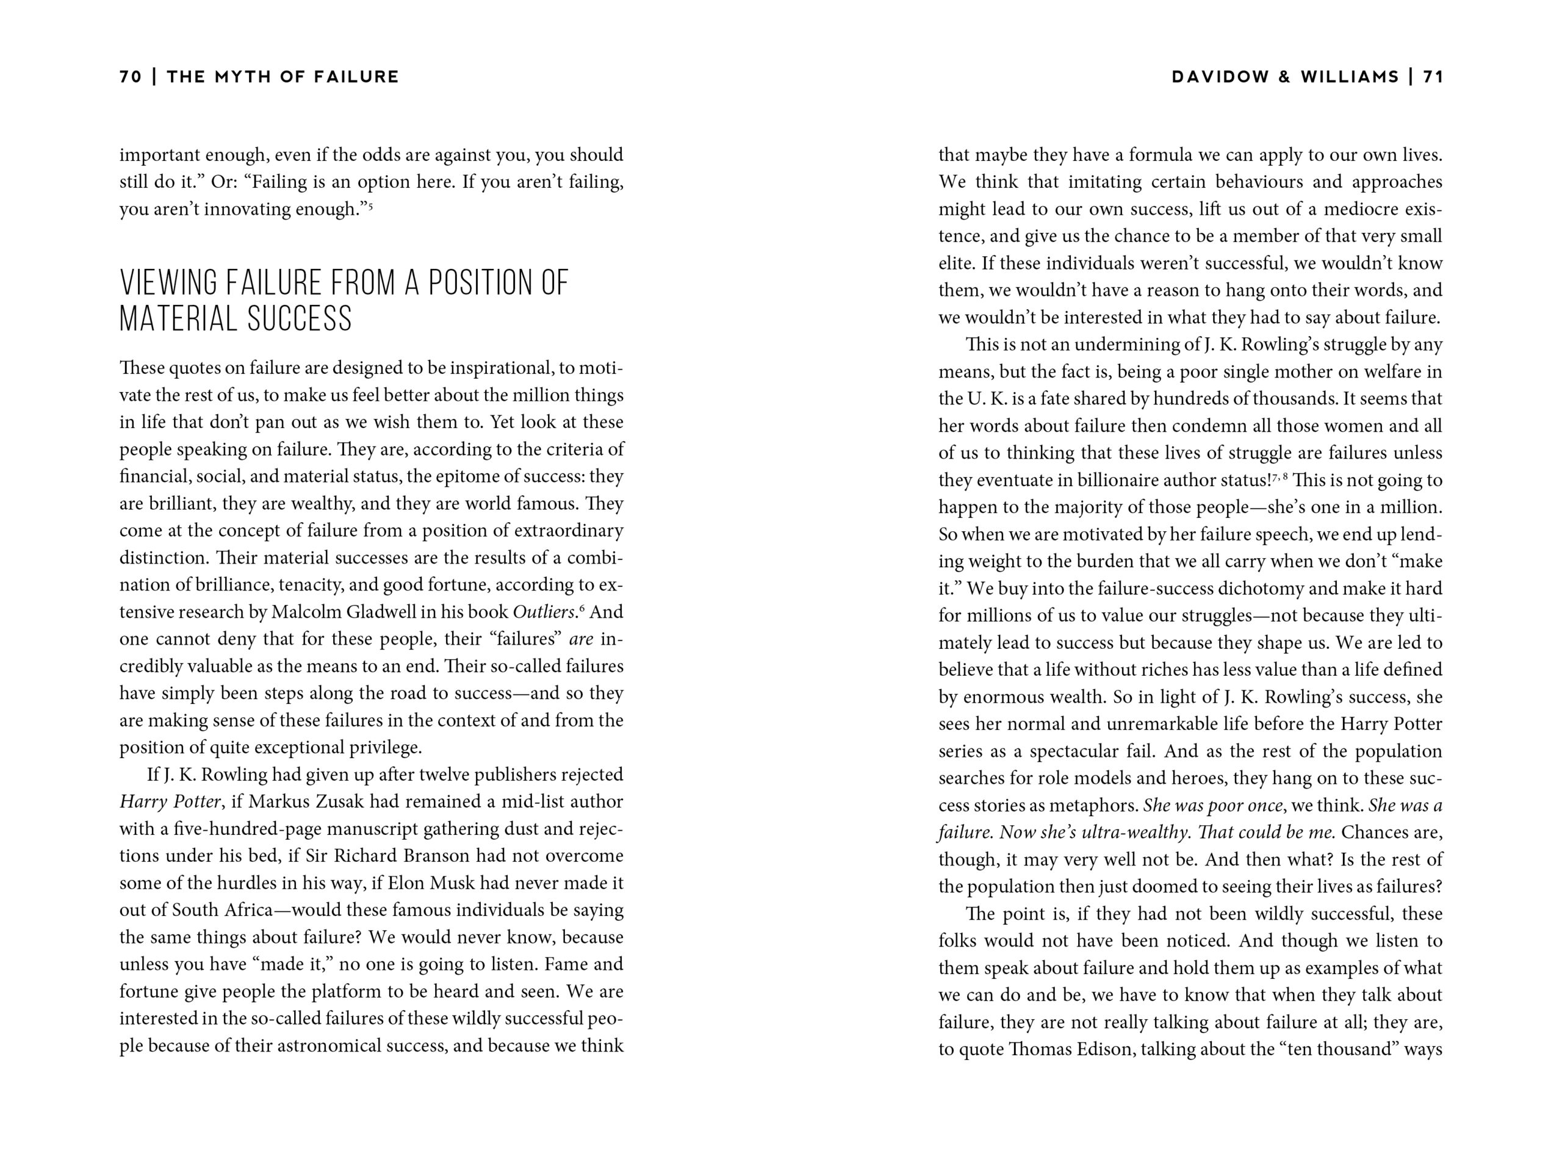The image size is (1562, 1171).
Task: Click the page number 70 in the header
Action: (131, 77)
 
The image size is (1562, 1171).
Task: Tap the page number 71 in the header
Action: (1433, 77)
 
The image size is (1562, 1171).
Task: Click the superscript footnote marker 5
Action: (370, 206)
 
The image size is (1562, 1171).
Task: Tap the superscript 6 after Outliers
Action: (582, 607)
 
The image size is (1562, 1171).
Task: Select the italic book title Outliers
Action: (545, 612)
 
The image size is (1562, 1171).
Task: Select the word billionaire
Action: (1117, 481)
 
